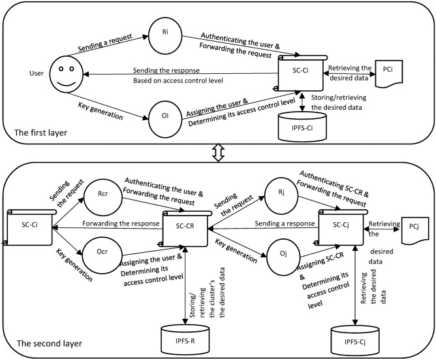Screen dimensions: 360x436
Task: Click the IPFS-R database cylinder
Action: point(186,337)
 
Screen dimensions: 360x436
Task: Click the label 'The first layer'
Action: point(37,132)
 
